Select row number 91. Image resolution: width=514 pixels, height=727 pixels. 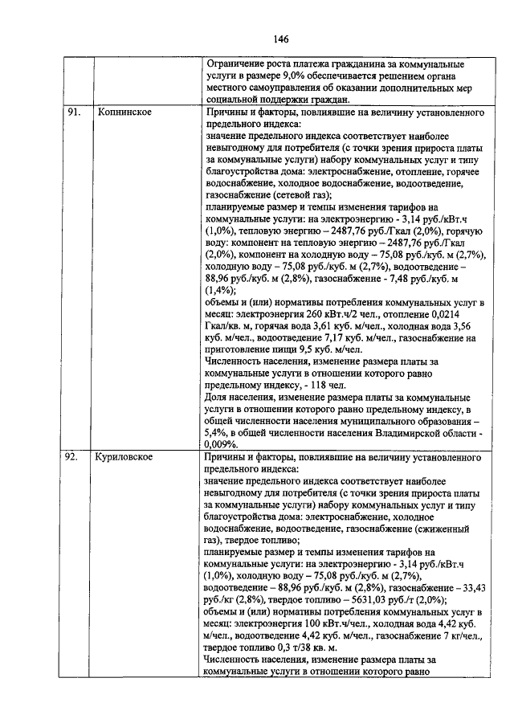click(x=74, y=113)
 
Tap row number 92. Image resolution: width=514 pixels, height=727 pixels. click(x=73, y=457)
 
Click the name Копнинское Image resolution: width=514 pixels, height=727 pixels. click(x=126, y=113)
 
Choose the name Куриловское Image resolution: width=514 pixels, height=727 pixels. click(x=128, y=457)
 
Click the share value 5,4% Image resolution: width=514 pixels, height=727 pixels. click(x=218, y=431)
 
